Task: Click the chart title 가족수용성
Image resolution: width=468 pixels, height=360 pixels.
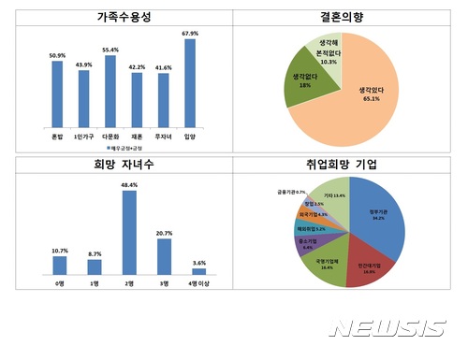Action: [116, 17]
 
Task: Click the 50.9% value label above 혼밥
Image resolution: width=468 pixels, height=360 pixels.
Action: [58, 54]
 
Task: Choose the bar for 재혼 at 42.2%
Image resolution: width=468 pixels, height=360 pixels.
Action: [137, 100]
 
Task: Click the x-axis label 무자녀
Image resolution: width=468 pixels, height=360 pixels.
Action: [164, 136]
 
